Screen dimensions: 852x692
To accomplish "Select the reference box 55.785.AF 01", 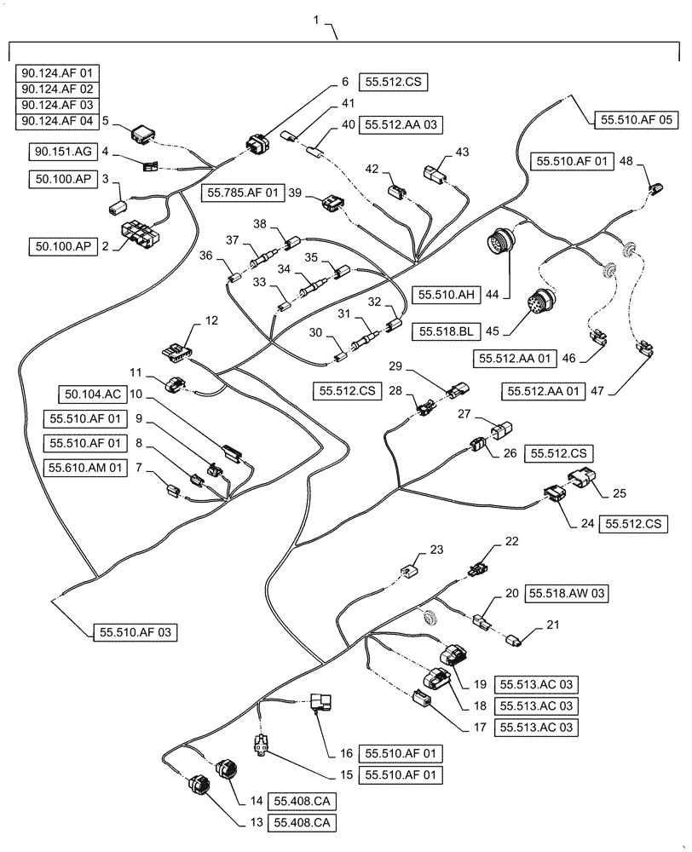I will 243,193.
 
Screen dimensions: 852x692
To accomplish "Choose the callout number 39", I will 295,193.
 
